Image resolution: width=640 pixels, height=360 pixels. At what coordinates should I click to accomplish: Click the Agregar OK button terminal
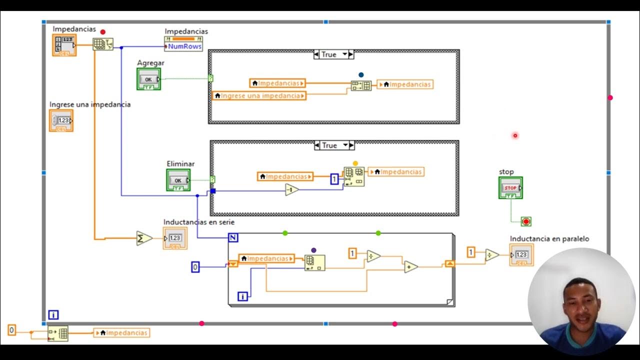[148, 79]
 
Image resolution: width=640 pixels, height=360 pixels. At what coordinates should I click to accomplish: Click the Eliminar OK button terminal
[178, 180]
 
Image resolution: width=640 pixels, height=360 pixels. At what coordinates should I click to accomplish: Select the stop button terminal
[510, 187]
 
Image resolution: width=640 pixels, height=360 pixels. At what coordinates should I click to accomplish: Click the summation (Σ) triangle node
[144, 238]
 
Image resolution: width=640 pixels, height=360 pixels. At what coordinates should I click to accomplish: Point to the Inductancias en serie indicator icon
[175, 238]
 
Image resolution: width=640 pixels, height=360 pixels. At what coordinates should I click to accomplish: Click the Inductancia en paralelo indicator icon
[521, 255]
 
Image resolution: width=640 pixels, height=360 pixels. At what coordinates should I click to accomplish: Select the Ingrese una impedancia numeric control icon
[61, 120]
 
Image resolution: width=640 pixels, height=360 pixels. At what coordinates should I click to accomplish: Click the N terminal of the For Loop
[233, 237]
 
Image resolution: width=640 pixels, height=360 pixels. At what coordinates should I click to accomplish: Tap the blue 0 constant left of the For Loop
[195, 267]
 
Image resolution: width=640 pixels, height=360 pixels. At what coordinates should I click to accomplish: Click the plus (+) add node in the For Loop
[411, 267]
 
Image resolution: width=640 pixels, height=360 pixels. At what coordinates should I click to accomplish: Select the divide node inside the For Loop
[373, 256]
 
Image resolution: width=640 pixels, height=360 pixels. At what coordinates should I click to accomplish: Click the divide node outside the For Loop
[491, 255]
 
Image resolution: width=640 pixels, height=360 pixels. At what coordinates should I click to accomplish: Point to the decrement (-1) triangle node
[292, 189]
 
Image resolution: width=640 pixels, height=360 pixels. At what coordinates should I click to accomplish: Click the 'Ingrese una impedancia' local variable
[259, 95]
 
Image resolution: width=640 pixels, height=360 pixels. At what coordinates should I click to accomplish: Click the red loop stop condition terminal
[526, 221]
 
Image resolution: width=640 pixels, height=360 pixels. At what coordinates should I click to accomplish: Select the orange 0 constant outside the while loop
[12, 329]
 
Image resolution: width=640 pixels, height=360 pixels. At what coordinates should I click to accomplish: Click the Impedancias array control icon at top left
[64, 45]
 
